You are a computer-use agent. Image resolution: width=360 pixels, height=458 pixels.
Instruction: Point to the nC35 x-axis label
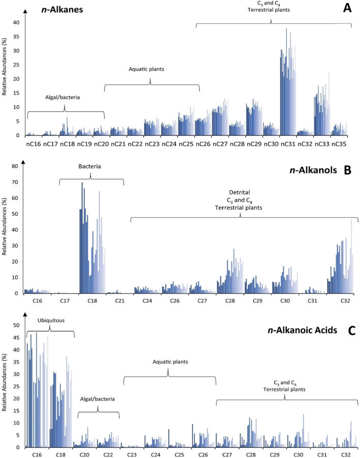(x=340, y=145)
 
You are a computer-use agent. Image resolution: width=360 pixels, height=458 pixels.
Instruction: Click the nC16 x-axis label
(x=34, y=145)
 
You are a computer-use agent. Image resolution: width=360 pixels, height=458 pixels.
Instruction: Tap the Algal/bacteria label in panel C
(x=98, y=400)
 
